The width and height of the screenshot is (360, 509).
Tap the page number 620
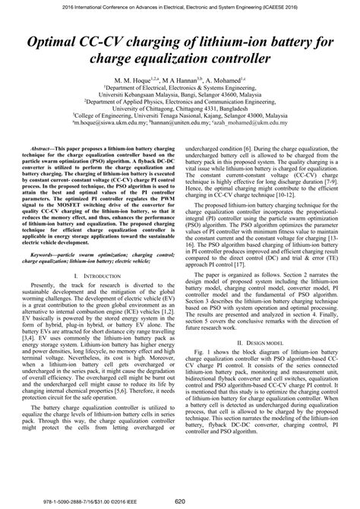[180, 501]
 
